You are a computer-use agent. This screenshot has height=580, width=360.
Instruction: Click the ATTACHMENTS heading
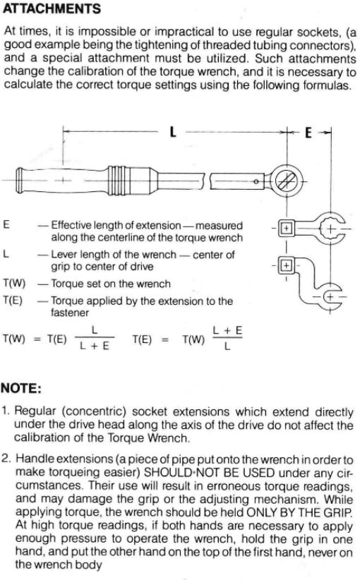click(52, 8)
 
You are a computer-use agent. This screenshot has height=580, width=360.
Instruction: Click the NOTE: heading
click(21, 388)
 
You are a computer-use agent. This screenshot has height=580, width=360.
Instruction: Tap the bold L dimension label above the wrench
click(172, 132)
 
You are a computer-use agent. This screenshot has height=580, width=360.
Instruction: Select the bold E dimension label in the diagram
click(308, 133)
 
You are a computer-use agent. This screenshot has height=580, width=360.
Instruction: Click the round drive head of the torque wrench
click(287, 181)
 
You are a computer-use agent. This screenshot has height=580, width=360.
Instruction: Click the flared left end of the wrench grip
click(20, 181)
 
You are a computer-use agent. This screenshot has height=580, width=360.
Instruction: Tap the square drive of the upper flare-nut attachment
click(286, 228)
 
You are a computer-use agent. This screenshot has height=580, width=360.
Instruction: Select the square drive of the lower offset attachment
click(286, 265)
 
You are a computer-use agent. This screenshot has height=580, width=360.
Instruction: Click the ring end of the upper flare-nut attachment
click(330, 228)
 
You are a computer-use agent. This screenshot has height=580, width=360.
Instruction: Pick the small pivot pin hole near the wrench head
click(256, 181)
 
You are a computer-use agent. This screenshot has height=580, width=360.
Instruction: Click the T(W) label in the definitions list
click(14, 284)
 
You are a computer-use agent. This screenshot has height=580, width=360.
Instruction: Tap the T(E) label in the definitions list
click(13, 301)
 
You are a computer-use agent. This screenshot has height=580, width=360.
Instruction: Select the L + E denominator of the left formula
click(95, 346)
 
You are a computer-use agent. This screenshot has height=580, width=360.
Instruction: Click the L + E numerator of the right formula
click(227, 330)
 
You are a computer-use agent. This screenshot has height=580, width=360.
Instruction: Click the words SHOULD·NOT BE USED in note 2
click(209, 472)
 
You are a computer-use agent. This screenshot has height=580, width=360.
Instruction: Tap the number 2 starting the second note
click(6, 459)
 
